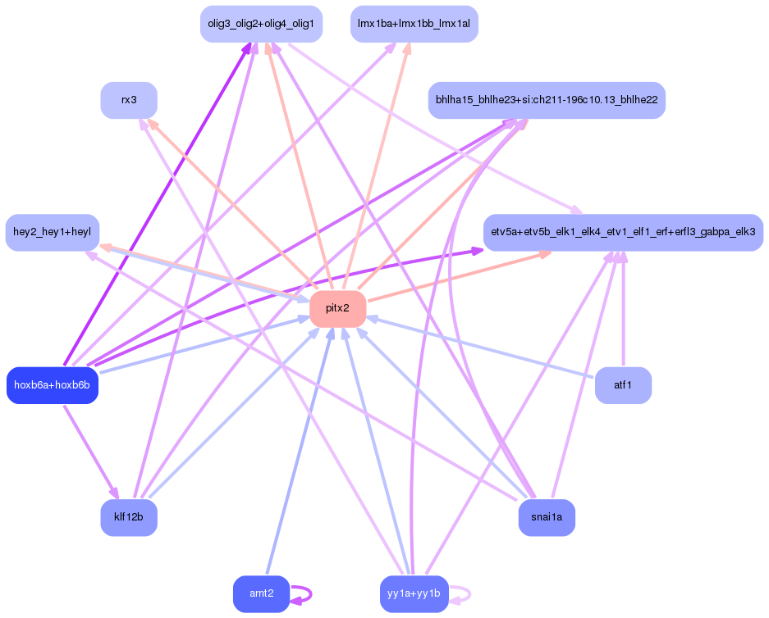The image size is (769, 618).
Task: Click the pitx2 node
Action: pos(337,309)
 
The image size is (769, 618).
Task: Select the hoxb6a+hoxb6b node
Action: pos(52,385)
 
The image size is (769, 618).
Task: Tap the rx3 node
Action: pos(129,100)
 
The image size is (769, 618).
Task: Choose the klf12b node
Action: pos(129,517)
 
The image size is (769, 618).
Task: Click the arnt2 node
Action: pos(262,593)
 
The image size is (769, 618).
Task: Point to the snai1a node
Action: pos(547,517)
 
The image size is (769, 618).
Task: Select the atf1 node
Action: pos(623,385)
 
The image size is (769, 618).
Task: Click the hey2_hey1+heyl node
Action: pos(52,233)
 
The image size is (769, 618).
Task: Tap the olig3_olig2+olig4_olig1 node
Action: pos(261,24)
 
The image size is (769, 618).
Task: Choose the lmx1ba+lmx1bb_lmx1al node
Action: pos(414,24)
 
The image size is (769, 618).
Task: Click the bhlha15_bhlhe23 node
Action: pos(547,100)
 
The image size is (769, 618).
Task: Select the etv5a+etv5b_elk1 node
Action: pos(623,233)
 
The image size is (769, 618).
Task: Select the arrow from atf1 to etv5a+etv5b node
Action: pos(623,311)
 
